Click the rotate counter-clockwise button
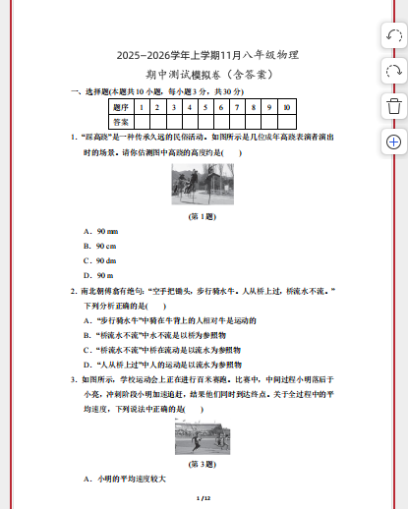[392, 36]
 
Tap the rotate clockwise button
[392, 71]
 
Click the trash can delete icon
[392, 106]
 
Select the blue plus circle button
[392, 141]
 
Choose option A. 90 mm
[102, 230]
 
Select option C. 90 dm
[102, 260]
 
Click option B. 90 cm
[102, 246]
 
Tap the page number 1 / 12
[204, 499]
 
